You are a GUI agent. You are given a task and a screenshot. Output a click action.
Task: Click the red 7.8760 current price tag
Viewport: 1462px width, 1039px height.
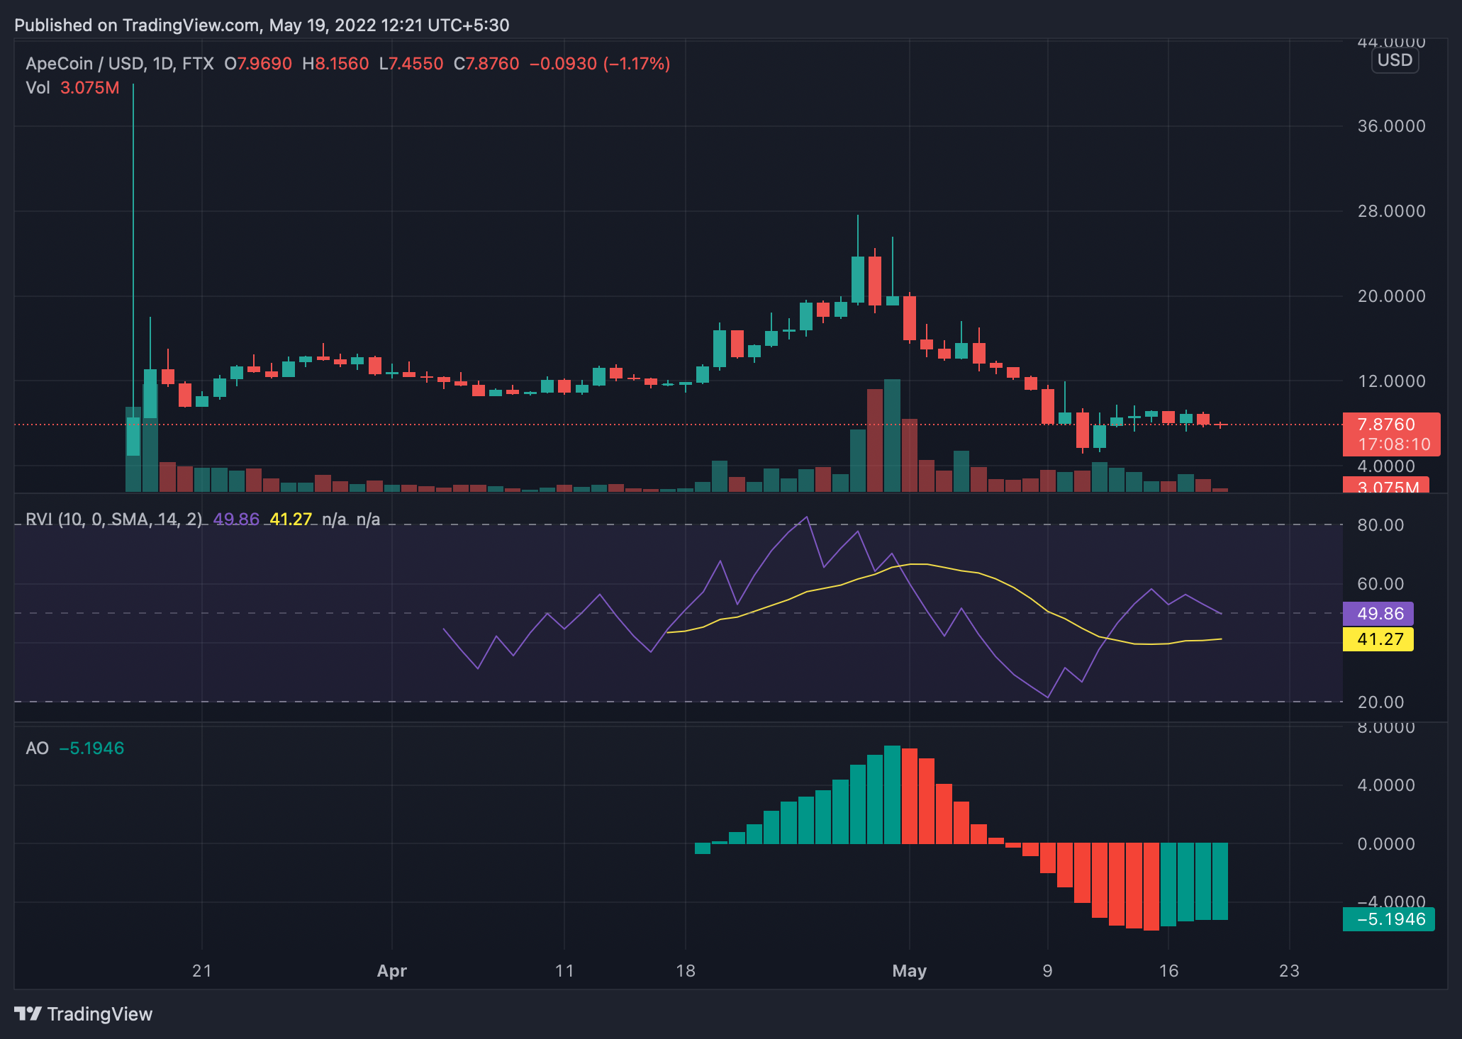(1390, 425)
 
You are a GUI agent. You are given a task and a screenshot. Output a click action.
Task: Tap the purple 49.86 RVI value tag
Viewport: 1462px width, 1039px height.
(1378, 614)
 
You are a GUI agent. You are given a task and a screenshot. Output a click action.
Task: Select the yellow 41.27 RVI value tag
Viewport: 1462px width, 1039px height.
(1378, 639)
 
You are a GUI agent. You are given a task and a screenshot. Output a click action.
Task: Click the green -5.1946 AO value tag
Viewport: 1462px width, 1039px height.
(1388, 919)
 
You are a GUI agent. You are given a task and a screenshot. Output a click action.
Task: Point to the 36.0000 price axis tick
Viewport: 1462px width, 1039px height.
(1390, 126)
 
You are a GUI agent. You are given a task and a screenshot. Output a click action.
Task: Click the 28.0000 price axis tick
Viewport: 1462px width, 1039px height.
(1390, 211)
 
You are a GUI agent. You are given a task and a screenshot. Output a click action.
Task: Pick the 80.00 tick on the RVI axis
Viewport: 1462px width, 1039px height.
(1380, 525)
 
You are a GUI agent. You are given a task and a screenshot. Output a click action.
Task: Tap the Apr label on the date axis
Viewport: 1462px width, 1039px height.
(391, 971)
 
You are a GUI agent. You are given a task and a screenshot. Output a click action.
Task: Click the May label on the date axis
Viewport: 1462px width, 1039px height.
(909, 971)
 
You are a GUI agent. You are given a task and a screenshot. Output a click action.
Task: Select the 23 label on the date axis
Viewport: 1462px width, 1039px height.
(1289, 971)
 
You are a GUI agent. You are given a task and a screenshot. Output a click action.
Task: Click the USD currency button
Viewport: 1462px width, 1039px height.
(1395, 60)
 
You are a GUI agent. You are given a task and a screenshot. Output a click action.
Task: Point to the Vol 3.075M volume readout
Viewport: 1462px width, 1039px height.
(72, 88)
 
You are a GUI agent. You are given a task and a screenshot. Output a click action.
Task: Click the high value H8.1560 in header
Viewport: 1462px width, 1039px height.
(335, 64)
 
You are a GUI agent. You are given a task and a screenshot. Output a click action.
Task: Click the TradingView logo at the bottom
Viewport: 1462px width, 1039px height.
(84, 1014)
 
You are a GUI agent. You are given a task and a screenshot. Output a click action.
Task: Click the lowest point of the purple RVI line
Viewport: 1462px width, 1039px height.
(1047, 698)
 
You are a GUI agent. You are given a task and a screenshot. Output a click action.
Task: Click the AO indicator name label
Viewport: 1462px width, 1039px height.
(37, 748)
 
